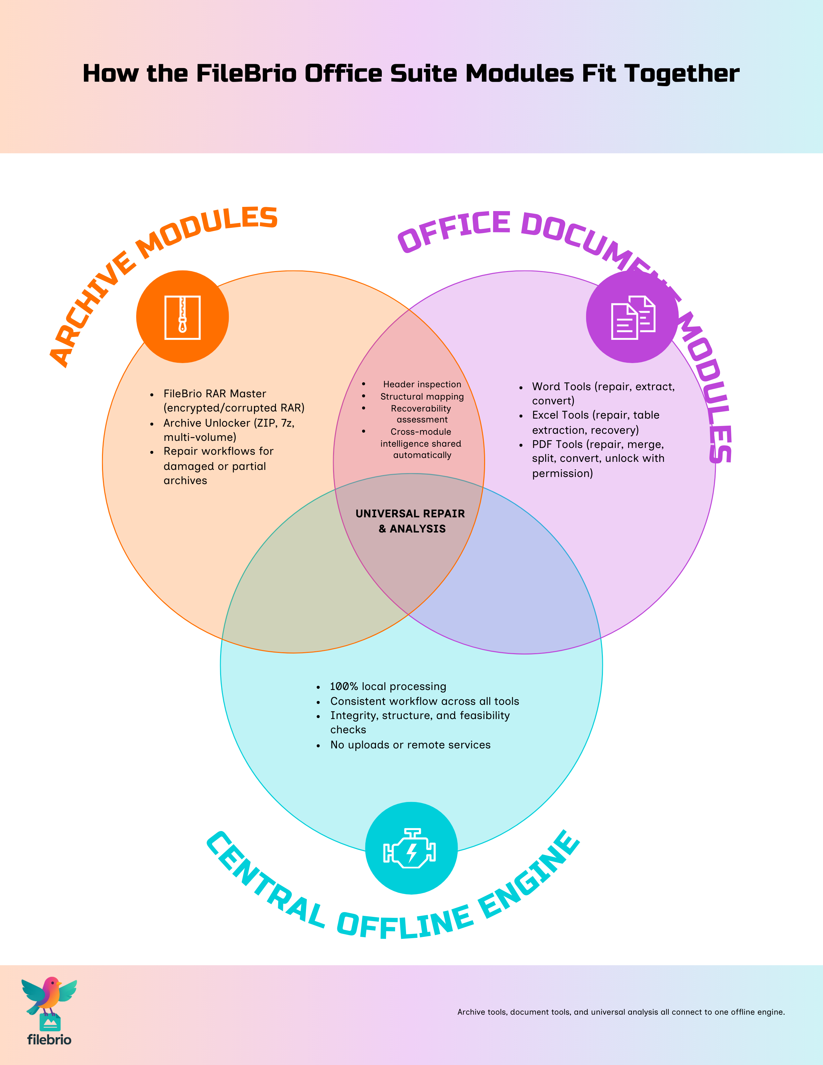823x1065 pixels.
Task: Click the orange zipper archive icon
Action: [x=182, y=317]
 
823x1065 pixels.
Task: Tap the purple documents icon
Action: [x=632, y=317]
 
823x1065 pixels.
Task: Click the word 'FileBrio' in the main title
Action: [x=246, y=74]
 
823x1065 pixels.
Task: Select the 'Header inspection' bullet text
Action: [x=422, y=384]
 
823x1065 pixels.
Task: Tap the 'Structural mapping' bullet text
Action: [x=422, y=396]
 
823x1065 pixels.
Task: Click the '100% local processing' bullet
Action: [x=388, y=686]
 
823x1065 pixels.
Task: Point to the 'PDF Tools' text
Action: [x=557, y=444]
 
